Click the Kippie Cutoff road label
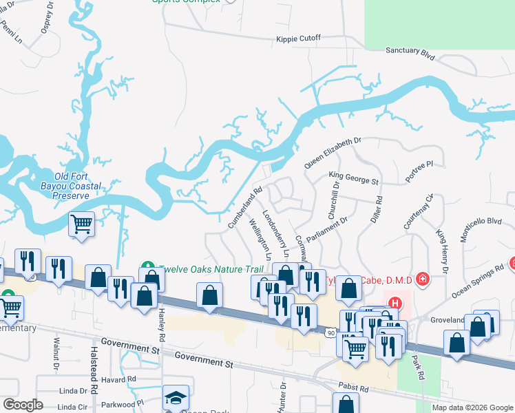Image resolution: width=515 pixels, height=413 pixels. click(298, 38)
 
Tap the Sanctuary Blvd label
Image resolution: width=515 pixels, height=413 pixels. click(411, 51)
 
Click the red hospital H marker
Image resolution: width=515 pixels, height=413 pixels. click(395, 303)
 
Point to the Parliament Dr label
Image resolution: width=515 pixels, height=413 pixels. click(328, 231)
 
